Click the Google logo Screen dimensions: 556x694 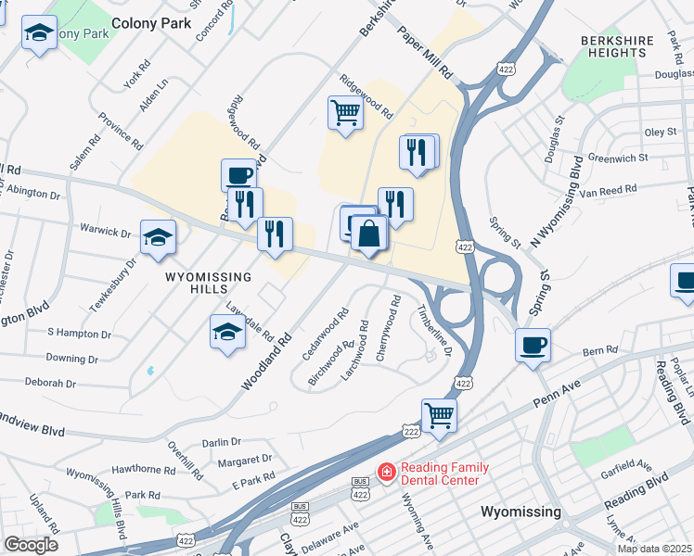pos(31,544)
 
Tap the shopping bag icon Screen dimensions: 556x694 pos(369,234)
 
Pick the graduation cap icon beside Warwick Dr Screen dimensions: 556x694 pos(158,237)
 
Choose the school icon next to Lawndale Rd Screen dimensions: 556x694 pos(227,332)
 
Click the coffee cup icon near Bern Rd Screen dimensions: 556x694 pos(533,345)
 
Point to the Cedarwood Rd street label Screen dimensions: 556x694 pos(325,335)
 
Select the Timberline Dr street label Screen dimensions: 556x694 pos(434,330)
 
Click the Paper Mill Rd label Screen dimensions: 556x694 pos(424,55)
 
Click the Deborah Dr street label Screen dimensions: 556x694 pos(50,382)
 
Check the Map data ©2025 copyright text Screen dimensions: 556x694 pos(655,549)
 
